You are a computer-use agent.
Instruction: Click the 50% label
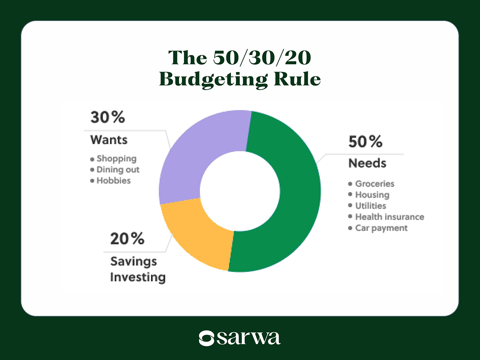tap(365, 142)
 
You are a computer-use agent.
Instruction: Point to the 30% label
tap(108, 117)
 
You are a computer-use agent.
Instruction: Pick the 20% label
tap(127, 239)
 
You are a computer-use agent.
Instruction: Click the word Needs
tap(367, 163)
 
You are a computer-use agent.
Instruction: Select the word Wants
tap(109, 140)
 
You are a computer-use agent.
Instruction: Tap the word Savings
tap(134, 261)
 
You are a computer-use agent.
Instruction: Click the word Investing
tap(138, 277)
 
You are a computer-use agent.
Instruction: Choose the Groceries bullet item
tap(374, 184)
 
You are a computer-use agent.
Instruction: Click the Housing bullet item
tap(372, 195)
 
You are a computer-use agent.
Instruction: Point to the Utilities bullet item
tap(370, 206)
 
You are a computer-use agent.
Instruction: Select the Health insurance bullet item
tap(389, 217)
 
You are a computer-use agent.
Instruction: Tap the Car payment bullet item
tap(381, 228)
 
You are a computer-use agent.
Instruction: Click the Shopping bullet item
tap(116, 159)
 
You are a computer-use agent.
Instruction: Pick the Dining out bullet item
tap(118, 170)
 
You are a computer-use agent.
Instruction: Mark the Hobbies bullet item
tap(113, 181)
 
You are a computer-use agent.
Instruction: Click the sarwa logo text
tap(248, 337)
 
